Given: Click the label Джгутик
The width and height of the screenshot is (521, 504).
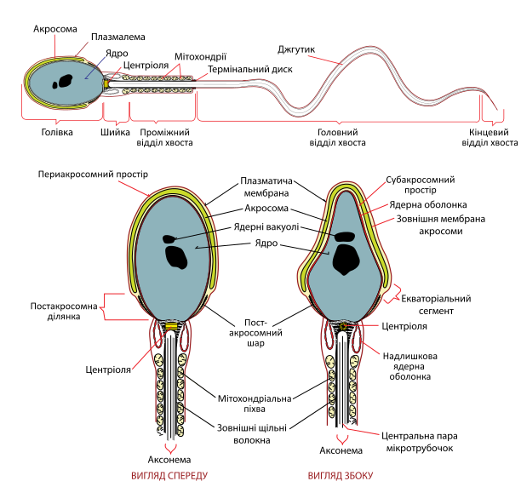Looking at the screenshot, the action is click(296, 50).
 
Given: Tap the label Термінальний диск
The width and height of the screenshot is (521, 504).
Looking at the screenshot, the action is click(250, 70).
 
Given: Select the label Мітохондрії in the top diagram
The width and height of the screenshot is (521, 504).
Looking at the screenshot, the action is click(200, 57).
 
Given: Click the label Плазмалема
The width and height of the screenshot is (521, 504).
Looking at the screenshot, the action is click(118, 37).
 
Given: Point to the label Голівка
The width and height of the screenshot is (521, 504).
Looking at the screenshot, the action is click(57, 132).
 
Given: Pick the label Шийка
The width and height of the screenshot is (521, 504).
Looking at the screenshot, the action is click(115, 132).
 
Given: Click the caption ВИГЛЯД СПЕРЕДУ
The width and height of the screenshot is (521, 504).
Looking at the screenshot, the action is click(169, 476).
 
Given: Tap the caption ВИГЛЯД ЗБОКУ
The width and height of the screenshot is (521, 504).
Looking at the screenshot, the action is click(341, 476).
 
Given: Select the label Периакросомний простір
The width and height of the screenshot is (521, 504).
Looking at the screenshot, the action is click(93, 175).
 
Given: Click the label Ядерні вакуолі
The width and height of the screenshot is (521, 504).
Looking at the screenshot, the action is click(266, 227).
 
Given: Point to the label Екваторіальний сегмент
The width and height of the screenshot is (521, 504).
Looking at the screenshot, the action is click(436, 305).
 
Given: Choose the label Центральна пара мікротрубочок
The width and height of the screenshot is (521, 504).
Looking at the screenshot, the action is click(420, 442).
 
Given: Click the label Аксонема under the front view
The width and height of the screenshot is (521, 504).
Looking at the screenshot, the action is click(169, 460).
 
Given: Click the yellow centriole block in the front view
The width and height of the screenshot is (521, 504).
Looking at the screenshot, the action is click(172, 325).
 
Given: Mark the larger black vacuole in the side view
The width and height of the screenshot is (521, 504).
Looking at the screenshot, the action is click(346, 259).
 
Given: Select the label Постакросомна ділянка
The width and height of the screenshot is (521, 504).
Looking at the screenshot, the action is click(64, 311).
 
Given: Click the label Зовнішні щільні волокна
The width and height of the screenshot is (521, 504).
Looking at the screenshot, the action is click(251, 434).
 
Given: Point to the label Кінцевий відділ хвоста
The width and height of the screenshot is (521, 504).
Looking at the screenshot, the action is click(490, 138).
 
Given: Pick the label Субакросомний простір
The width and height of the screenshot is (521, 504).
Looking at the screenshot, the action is click(420, 185).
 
